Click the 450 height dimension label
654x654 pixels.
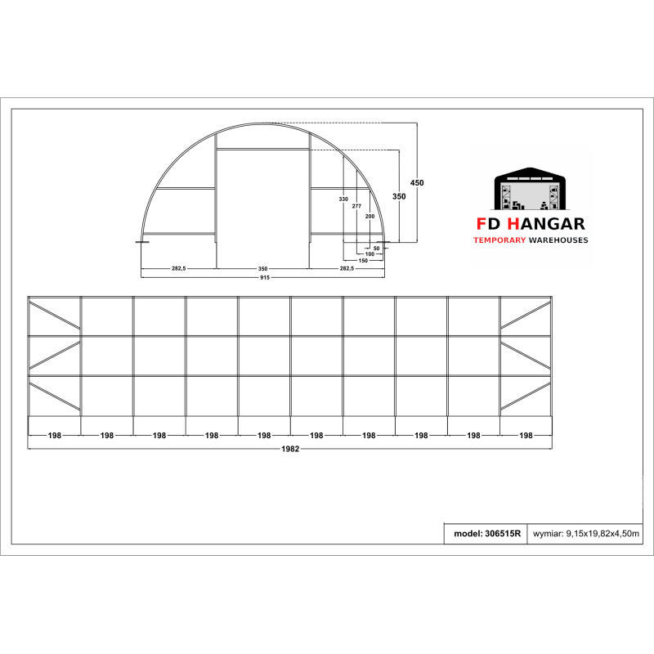pos(417,182)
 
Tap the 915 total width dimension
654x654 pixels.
pos(264,277)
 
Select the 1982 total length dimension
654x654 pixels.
pos(290,449)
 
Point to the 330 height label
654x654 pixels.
pos(343,199)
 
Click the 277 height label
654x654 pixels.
pos(356,206)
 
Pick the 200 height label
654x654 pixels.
pos(370,216)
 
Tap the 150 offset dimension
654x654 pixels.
pos(363,260)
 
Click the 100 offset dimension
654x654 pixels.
pos(370,253)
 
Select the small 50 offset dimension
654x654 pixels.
pos(377,249)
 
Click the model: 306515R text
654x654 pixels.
pos(487,534)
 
